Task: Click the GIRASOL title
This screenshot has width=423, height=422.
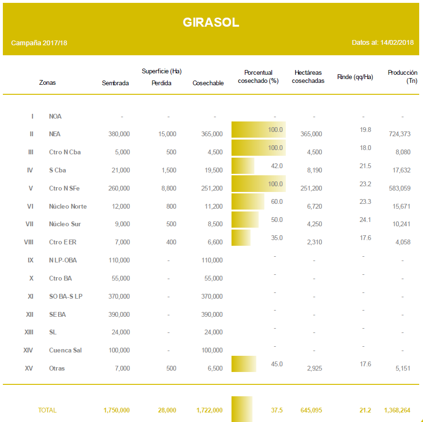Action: pyautogui.click(x=211, y=22)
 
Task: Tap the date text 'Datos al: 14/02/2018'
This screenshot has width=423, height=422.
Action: pyautogui.click(x=383, y=42)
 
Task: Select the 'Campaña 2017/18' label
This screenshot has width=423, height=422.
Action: pyautogui.click(x=39, y=43)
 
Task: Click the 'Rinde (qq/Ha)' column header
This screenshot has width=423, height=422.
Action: pyautogui.click(x=355, y=77)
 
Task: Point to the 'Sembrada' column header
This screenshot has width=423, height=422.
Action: pyautogui.click(x=115, y=83)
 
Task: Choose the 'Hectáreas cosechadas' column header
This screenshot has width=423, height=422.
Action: pyautogui.click(x=308, y=77)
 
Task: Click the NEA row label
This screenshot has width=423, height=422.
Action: pyautogui.click(x=55, y=134)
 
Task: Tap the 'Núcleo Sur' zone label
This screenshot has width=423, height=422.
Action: pyautogui.click(x=65, y=224)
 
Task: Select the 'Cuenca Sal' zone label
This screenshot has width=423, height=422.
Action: pyautogui.click(x=65, y=350)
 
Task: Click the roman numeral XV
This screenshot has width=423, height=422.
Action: pyautogui.click(x=29, y=368)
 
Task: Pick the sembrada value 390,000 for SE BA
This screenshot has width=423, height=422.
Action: pyautogui.click(x=120, y=314)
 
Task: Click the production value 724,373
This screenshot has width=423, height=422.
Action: pyautogui.click(x=399, y=134)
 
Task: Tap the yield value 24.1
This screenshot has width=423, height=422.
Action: pyautogui.click(x=365, y=220)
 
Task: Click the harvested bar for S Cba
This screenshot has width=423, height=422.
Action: pyautogui.click(x=243, y=166)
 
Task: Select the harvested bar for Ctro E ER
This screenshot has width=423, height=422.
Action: pyautogui.click(x=241, y=238)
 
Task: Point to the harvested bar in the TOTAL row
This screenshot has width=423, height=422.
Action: pyautogui.click(x=242, y=409)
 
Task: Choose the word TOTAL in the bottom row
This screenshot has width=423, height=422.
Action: pyautogui.click(x=47, y=410)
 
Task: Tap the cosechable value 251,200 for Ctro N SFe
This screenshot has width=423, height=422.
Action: pyautogui.click(x=212, y=188)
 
